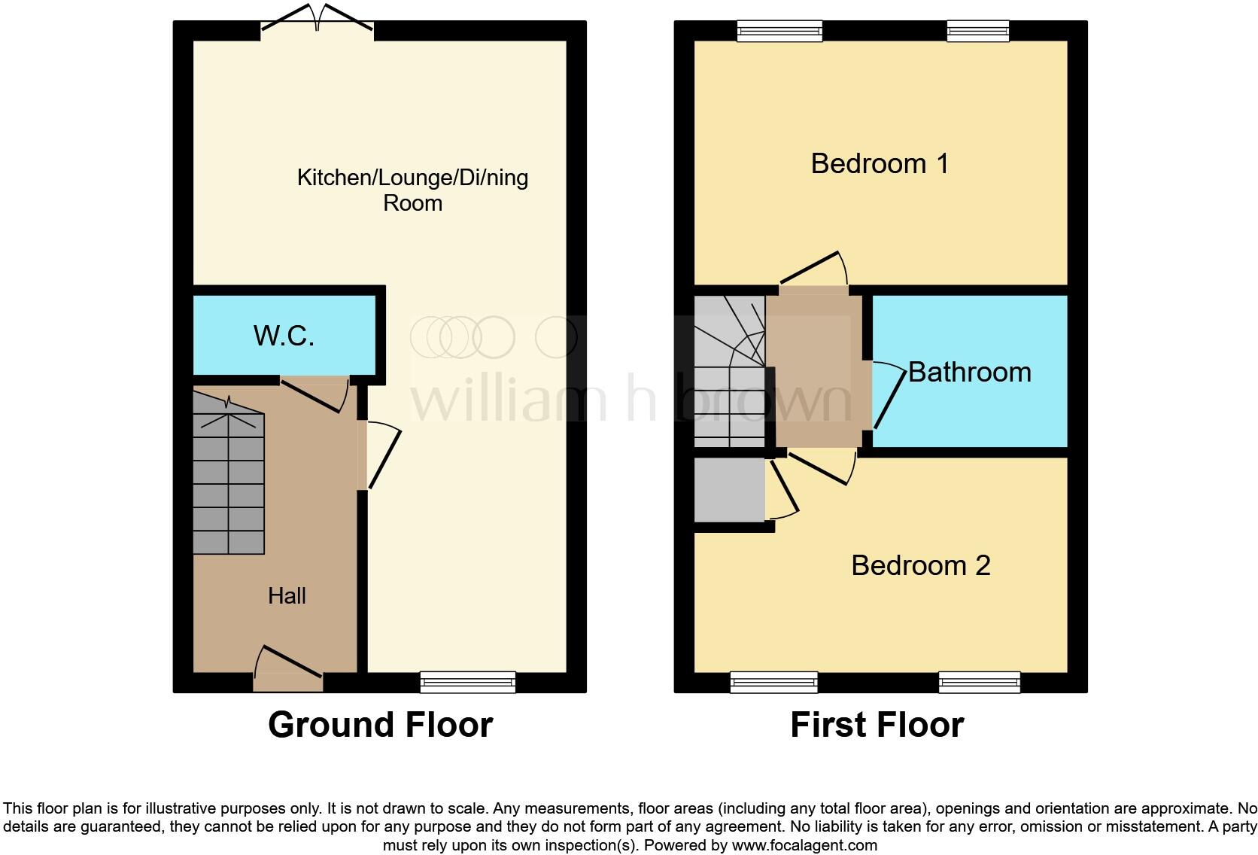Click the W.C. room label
tap(284, 336)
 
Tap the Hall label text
tap(287, 596)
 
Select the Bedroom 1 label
tap(879, 163)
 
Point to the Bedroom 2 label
tap(920, 565)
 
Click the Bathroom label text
tap(969, 372)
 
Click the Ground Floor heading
tap(380, 725)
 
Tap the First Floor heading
tap(877, 725)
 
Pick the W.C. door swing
tap(314, 393)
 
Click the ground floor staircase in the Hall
tap(229, 482)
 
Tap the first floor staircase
tap(728, 373)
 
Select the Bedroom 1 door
tap(813, 270)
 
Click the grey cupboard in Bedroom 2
tap(729, 490)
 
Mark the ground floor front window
tap(467, 682)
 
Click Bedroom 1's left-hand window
tap(779, 31)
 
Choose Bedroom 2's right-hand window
tap(979, 683)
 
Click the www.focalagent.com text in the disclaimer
tap(804, 845)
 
